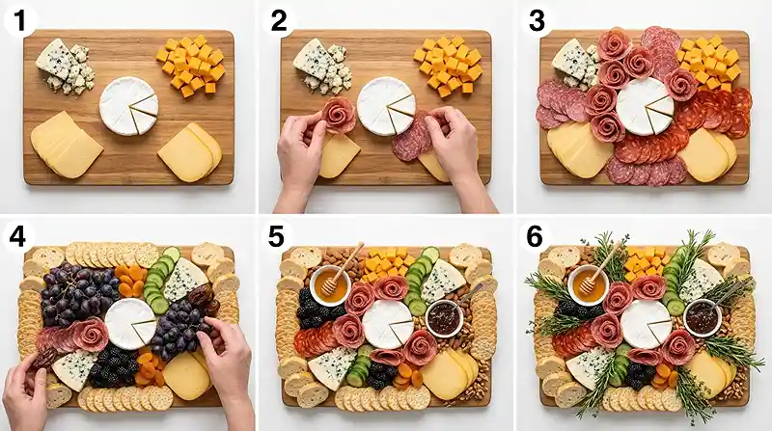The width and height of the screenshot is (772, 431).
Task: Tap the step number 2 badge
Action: click(276, 18)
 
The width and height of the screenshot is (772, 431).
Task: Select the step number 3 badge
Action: click(534, 18)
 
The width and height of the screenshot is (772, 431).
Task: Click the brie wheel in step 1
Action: click(128, 105)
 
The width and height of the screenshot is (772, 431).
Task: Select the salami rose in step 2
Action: click(339, 115)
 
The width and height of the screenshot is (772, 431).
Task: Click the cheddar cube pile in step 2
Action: click(449, 66)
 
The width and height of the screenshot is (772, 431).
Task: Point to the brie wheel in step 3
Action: click(644, 105)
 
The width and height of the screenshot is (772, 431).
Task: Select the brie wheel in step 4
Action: click(129, 324)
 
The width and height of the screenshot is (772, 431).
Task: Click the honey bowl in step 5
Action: click(330, 285)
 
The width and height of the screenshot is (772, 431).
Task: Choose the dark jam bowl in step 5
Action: click(444, 318)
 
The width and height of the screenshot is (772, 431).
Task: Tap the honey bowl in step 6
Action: click(588, 285)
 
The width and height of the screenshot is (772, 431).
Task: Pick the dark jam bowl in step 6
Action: click(702, 318)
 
